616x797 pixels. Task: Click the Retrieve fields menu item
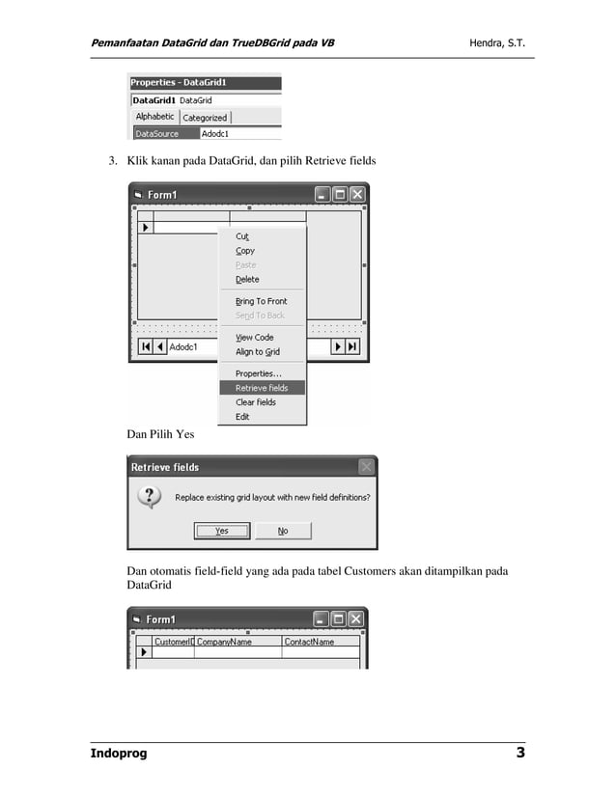click(x=262, y=388)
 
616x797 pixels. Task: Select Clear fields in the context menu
click(x=256, y=402)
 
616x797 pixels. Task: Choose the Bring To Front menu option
click(x=261, y=301)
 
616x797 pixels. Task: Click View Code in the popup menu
click(x=255, y=338)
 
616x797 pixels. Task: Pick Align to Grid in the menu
click(x=257, y=352)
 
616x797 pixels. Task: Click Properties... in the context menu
click(x=258, y=373)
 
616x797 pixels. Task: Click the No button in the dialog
click(x=283, y=531)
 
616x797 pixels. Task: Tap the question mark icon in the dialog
click(x=149, y=498)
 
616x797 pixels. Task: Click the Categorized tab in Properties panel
click(x=205, y=118)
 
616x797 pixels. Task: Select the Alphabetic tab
click(x=154, y=117)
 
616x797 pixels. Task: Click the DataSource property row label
click(x=157, y=134)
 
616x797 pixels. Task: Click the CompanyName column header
click(x=225, y=642)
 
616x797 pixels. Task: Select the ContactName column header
click(x=310, y=642)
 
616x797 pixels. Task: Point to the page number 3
click(x=519, y=753)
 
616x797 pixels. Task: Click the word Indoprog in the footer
click(x=119, y=754)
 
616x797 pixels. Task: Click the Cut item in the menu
click(x=242, y=236)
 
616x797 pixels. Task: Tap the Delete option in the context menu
click(x=247, y=280)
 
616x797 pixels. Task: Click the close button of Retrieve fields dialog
click(x=366, y=467)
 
